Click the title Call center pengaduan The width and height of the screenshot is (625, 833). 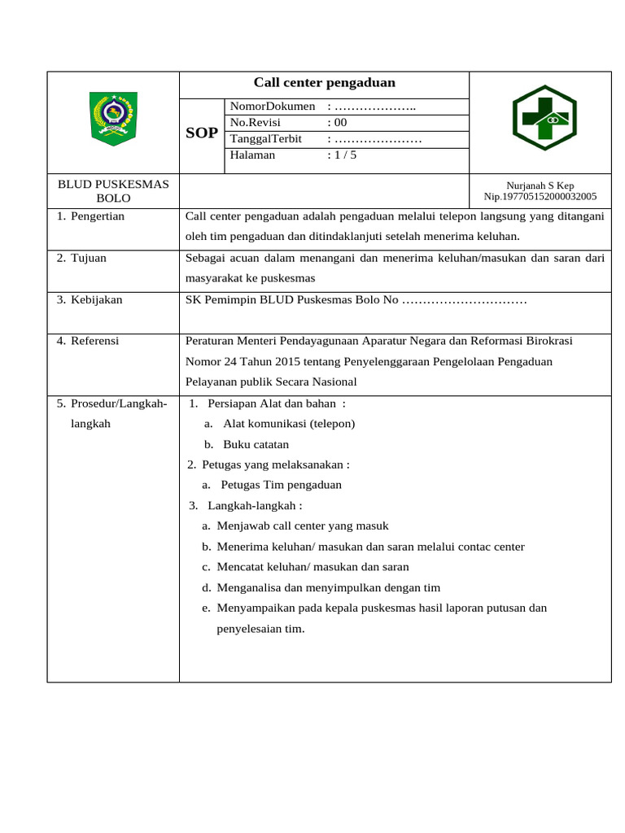tap(324, 83)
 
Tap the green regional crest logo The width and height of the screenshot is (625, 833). tap(113, 119)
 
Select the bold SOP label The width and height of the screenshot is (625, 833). tap(202, 133)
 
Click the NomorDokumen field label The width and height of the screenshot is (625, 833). tap(273, 107)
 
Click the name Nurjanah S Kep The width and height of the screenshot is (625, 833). tap(540, 185)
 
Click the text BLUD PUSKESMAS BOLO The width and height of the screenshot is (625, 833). tap(113, 191)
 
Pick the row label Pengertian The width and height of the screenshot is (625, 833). tap(97, 216)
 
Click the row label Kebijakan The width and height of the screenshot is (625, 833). tap(96, 299)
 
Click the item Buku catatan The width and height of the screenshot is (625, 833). tap(256, 445)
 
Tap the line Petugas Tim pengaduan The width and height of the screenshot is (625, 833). tap(281, 485)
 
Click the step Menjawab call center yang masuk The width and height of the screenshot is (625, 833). tap(303, 526)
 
